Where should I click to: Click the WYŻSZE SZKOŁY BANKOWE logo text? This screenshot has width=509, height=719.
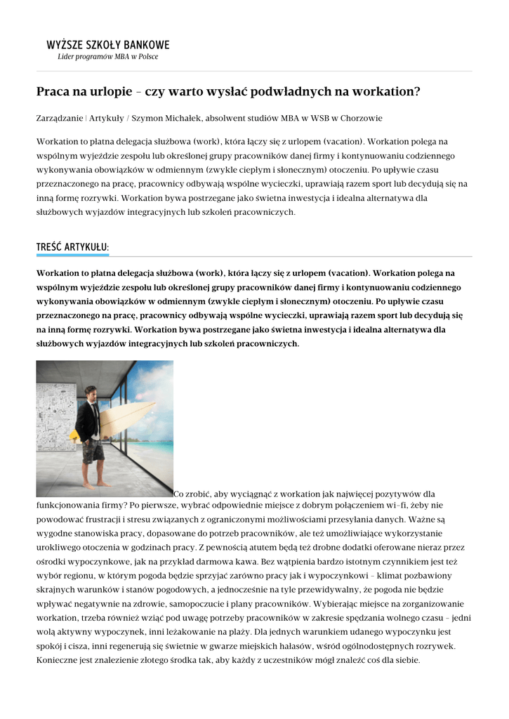[108, 45]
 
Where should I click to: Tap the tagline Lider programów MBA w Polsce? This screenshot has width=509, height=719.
[107, 56]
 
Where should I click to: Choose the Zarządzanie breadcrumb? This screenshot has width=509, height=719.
[59, 118]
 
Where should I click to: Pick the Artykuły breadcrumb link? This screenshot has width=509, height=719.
[105, 118]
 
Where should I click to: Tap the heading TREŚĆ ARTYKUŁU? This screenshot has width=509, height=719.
[72, 247]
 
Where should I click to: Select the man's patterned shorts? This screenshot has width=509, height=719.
[92, 453]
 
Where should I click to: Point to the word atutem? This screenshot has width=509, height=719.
[256, 547]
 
